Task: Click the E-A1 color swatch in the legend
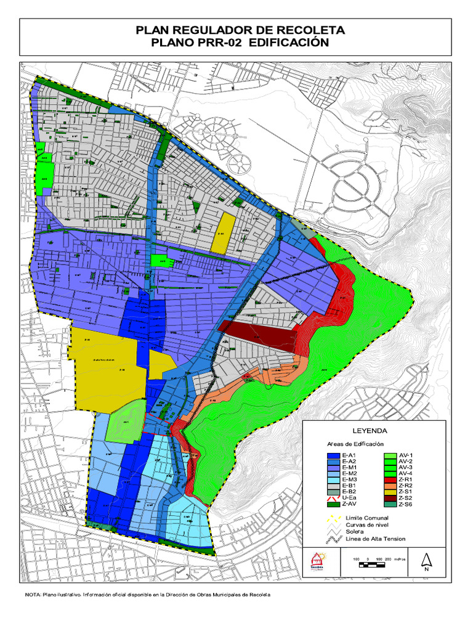pyautogui.click(x=333, y=456)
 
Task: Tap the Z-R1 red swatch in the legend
pyautogui.click(x=389, y=480)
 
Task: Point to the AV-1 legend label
pyautogui.click(x=406, y=457)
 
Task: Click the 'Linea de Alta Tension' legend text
pyautogui.click(x=376, y=539)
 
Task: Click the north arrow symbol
pyautogui.click(x=426, y=561)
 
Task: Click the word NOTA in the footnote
pyautogui.click(x=32, y=595)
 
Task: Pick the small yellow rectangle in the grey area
pyautogui.click(x=223, y=233)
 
